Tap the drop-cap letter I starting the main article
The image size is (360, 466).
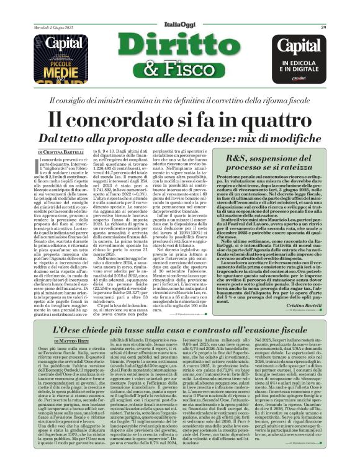40,163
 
